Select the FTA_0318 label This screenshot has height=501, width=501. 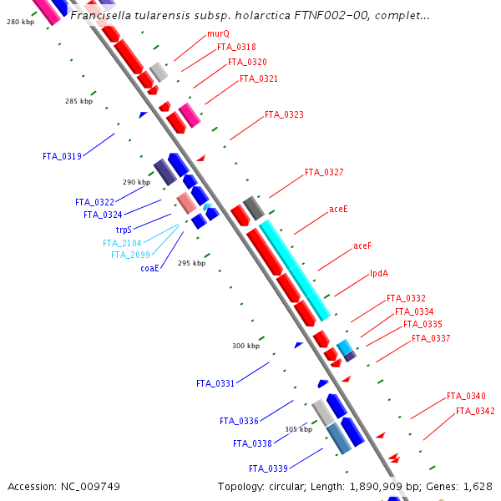point(236,48)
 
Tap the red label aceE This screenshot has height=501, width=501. point(339,209)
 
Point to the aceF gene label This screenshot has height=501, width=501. point(362,245)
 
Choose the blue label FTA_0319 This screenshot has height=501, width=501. point(62,156)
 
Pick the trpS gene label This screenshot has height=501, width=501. point(124,229)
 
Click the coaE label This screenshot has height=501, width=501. point(149,268)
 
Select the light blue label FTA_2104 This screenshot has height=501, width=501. point(122,243)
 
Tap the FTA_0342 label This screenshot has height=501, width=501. point(475,411)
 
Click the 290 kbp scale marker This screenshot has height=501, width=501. point(136,182)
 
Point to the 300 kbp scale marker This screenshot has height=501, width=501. point(245,346)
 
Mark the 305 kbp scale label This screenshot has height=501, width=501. point(298,429)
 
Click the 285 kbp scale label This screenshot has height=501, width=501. point(78,101)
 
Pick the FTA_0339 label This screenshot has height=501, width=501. point(268,468)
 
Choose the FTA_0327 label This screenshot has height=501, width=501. point(324,172)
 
